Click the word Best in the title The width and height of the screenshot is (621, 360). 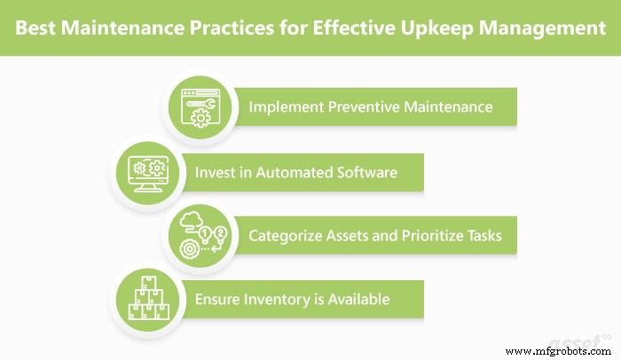coord(43,28)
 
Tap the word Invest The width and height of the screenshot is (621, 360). coord(215,172)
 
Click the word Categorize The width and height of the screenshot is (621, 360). coord(286,236)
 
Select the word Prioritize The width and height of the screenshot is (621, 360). coord(430,236)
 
